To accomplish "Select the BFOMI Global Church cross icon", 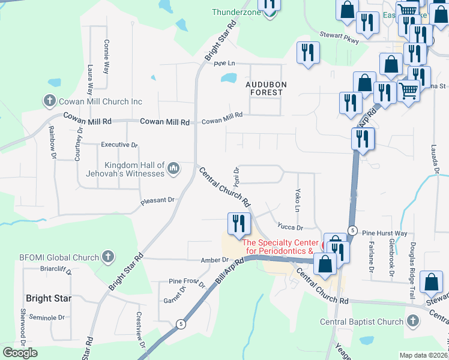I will click(x=107, y=257).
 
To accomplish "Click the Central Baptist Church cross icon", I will click(x=412, y=322).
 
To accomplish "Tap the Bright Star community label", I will click(x=49, y=298).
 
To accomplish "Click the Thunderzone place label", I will click(x=237, y=12).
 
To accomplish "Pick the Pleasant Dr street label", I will click(x=157, y=200).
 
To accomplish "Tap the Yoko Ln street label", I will click(x=297, y=200).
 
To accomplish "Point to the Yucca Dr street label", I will click(x=290, y=227).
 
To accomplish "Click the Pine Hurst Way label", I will click(x=385, y=233).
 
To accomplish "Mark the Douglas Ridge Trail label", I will click(x=412, y=262).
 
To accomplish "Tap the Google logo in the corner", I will click(x=20, y=353).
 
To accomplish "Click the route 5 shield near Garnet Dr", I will click(x=180, y=324).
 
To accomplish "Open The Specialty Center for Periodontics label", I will click(x=277, y=247).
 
